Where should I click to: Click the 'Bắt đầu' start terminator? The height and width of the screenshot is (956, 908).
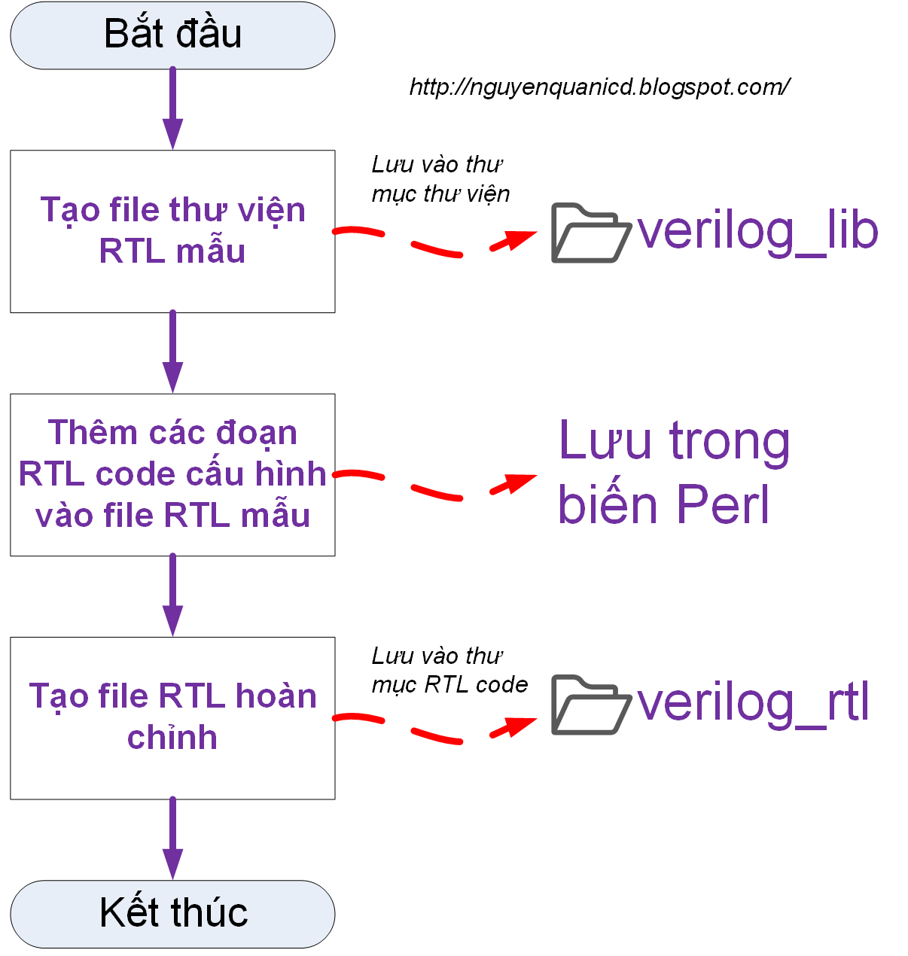coord(172,35)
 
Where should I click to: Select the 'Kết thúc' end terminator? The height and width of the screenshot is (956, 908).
coord(172,914)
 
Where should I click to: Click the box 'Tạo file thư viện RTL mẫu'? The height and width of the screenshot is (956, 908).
coord(172,231)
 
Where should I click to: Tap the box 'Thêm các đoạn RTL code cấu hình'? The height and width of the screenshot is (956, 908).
coord(172,474)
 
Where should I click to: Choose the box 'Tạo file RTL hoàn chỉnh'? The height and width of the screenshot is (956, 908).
coord(172,717)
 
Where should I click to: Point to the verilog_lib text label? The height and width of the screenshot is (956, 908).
coord(757,231)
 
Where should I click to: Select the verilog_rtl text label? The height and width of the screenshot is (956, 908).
coord(753,702)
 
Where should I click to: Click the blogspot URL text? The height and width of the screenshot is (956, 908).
coord(599,87)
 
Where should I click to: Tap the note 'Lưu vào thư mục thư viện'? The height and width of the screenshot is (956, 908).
coord(440,179)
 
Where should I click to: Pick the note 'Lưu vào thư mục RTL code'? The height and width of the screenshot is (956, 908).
coord(449,670)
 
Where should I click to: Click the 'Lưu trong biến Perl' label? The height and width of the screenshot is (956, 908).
coord(674,472)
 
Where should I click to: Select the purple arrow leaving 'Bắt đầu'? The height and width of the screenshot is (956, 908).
coord(172,109)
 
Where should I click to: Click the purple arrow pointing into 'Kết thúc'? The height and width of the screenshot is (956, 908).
coord(172,839)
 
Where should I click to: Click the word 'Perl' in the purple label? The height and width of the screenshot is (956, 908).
coord(723,504)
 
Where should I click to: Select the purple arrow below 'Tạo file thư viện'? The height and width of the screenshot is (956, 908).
coord(172,352)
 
